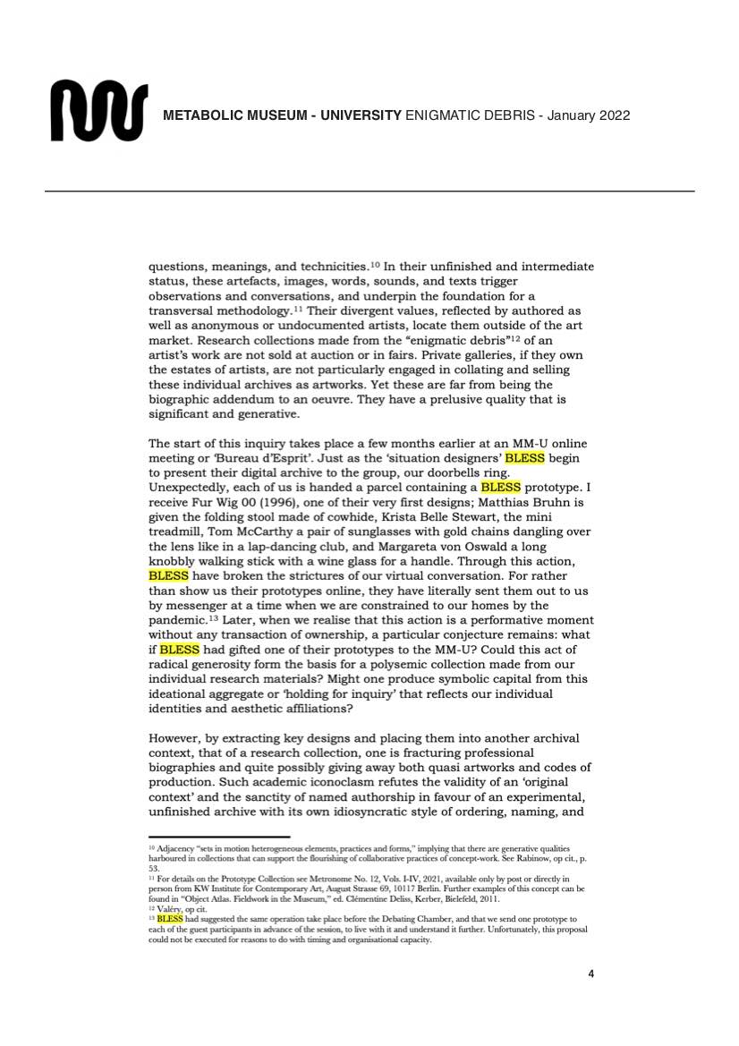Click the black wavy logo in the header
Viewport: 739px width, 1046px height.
[99, 110]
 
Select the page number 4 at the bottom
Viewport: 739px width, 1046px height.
[591, 974]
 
